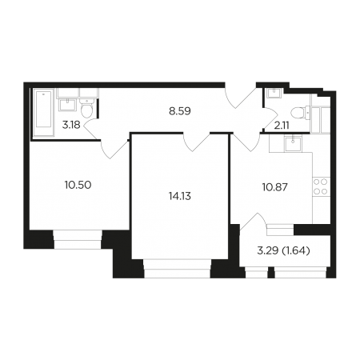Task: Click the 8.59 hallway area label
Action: (x=180, y=111)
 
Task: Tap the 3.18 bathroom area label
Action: (x=71, y=125)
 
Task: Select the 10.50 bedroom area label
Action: (x=78, y=185)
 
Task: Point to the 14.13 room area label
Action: (x=180, y=197)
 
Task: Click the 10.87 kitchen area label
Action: (x=275, y=187)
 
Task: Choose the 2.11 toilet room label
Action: (x=282, y=125)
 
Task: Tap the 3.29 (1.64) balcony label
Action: (x=283, y=250)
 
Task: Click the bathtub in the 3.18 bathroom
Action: (x=44, y=113)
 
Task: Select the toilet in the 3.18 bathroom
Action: (x=86, y=109)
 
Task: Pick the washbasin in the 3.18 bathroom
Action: (x=68, y=105)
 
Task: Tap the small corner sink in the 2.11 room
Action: (x=274, y=93)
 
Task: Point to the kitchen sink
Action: (x=293, y=143)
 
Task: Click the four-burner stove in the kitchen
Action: (x=321, y=186)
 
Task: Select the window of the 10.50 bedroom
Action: (x=78, y=239)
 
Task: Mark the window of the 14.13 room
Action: (x=178, y=268)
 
